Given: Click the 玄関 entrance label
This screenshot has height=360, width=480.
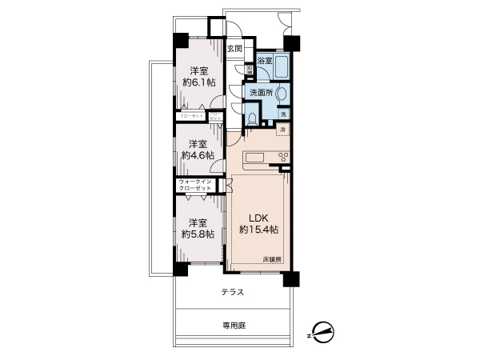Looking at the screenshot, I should click(x=234, y=49).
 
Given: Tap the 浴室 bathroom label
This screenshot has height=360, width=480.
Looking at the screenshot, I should click(x=265, y=61).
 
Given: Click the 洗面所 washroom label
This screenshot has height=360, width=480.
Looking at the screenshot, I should click(x=260, y=93).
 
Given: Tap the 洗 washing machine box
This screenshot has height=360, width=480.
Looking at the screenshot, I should click(x=283, y=114).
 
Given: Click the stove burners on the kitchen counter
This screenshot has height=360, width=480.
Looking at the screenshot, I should click(x=282, y=155).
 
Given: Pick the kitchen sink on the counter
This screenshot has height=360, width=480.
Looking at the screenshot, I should click(x=254, y=155).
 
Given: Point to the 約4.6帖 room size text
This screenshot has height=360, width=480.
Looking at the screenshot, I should click(x=198, y=155).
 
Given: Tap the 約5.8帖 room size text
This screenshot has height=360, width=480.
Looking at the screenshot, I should click(x=197, y=234).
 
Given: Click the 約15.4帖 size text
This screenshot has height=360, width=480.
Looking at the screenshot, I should click(x=258, y=230).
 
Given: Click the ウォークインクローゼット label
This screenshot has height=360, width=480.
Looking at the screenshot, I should click(x=195, y=185).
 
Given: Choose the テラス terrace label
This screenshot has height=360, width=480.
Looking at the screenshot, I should click(x=234, y=293).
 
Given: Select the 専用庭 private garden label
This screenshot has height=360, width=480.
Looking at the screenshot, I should click(x=234, y=326).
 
